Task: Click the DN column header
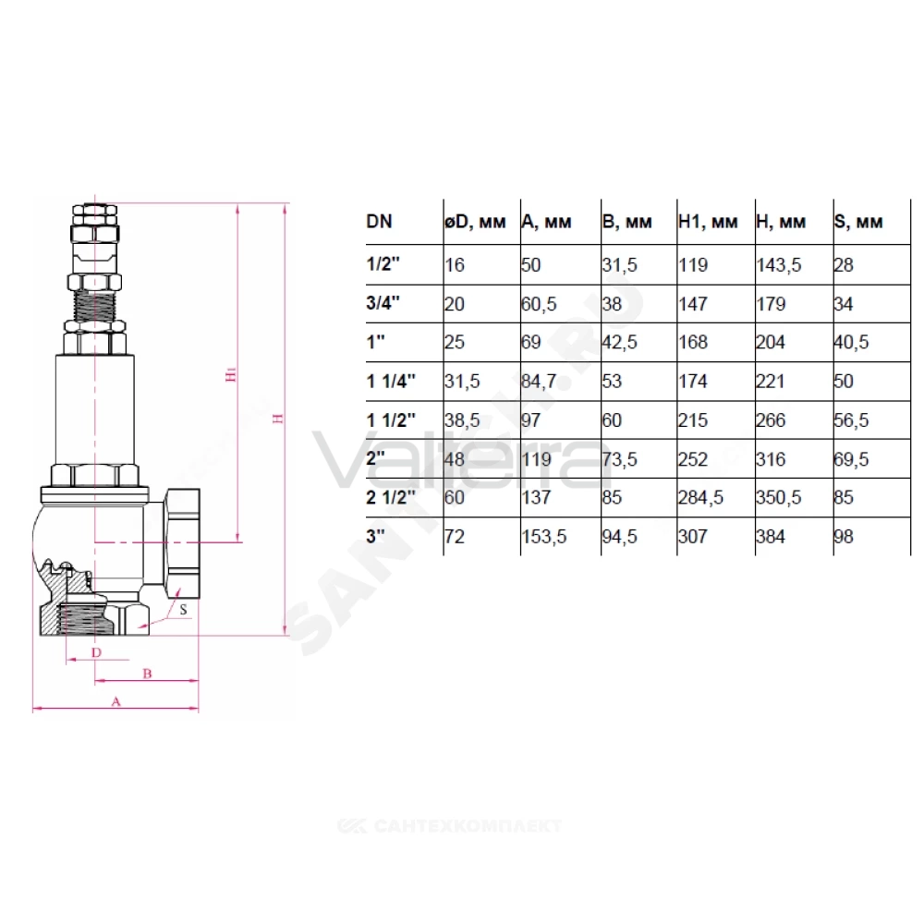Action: [379, 222]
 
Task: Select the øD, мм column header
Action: [475, 222]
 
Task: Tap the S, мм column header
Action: [858, 222]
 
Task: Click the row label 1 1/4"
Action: [391, 382]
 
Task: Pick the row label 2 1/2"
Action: [391, 497]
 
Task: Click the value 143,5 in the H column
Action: [778, 265]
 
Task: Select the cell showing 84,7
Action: [539, 382]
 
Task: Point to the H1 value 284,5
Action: [700, 497]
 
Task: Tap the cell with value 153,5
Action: [544, 536]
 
